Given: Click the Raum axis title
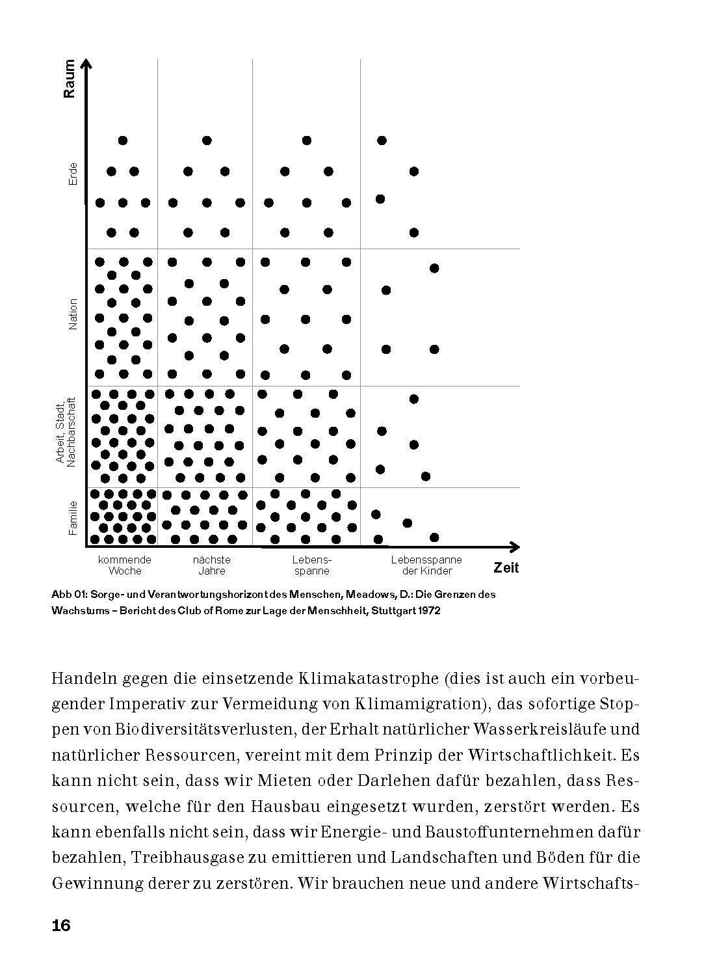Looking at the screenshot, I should click(70, 79).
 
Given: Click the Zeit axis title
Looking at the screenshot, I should click(506, 568).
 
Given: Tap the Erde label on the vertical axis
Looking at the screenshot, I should click(73, 173).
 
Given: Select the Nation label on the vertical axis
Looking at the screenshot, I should click(73, 314).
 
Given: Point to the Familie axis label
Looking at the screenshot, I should click(73, 517).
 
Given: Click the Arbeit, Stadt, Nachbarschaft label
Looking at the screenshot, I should click(66, 432).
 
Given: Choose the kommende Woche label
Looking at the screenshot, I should click(125, 565).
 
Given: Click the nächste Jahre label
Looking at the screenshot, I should click(212, 565).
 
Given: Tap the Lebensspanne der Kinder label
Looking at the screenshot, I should click(426, 565).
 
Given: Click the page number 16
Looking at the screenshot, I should click(61, 926).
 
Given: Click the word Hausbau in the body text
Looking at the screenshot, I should click(308, 807).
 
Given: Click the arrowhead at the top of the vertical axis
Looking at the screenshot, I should click(86, 62).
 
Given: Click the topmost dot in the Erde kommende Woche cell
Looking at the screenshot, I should click(123, 141).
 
